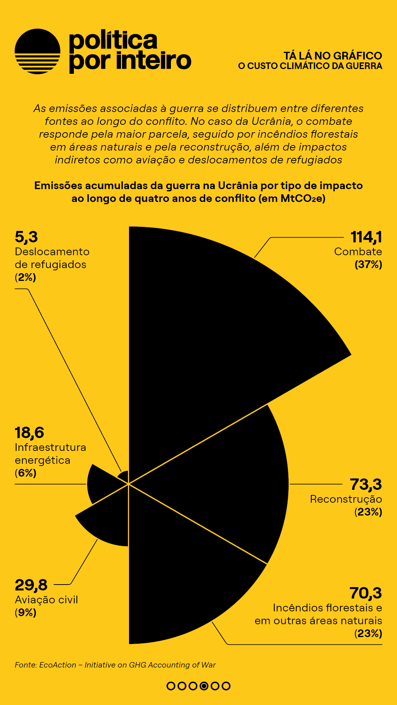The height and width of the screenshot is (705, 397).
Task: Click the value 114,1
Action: [366, 237]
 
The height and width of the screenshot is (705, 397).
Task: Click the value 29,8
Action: [31, 585]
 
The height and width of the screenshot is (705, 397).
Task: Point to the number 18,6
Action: [29, 433]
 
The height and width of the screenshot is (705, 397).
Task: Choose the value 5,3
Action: [26, 237]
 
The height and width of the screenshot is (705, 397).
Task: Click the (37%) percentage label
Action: [368, 264]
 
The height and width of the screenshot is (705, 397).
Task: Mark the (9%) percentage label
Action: [25, 612]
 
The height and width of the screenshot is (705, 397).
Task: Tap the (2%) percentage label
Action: [25, 277]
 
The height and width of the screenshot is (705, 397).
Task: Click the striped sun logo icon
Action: [37, 51]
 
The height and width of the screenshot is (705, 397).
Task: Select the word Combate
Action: [358, 252]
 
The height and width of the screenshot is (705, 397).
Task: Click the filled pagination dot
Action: [204, 686]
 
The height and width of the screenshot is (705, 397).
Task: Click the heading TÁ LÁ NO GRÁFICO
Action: [333, 56]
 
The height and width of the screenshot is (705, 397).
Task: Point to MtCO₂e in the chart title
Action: [302, 199]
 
